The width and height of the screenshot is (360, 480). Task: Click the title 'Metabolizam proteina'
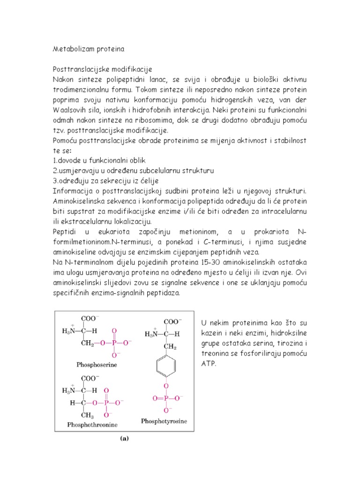pyautogui.click(x=88, y=48)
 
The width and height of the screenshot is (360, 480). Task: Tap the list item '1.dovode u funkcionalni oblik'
pyautogui.click(x=99, y=160)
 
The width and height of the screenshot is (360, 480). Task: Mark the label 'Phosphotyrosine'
pyautogui.click(x=164, y=421)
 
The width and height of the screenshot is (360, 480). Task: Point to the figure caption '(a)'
pyautogui.click(x=124, y=439)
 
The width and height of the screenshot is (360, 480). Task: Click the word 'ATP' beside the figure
pyautogui.click(x=207, y=363)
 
